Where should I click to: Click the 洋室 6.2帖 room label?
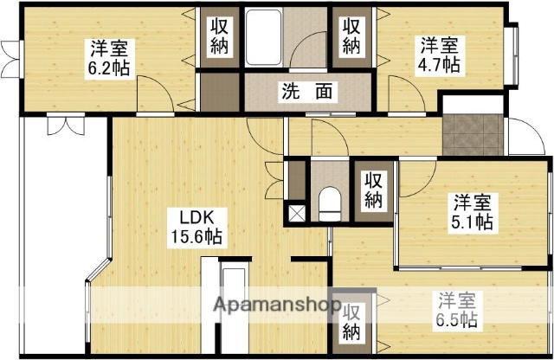[x=111, y=58]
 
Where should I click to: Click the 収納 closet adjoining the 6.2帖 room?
[x=217, y=35]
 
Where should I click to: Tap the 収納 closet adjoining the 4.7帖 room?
[x=351, y=35]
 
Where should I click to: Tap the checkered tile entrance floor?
[x=473, y=135]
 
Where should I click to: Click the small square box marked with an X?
[x=296, y=211]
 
